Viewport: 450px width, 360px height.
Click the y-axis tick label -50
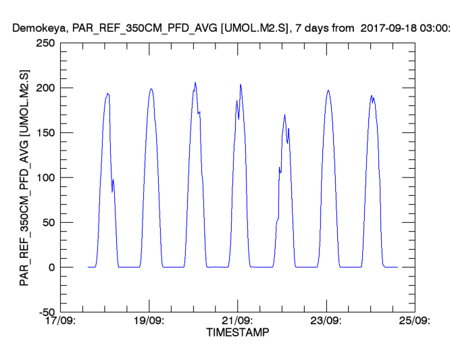(x=46, y=311)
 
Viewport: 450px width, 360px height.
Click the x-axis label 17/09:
(x=61, y=321)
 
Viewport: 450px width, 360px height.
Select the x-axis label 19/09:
(x=149, y=321)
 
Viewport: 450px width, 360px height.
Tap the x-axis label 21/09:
(x=238, y=321)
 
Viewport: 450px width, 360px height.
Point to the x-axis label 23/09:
(x=326, y=321)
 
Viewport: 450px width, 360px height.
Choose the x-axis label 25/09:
(x=414, y=321)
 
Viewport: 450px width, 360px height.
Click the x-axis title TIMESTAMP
(x=237, y=333)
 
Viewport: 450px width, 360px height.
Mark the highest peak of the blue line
(x=195, y=82)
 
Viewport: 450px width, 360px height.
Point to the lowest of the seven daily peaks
(x=285, y=115)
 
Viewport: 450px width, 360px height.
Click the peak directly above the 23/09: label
(x=328, y=90)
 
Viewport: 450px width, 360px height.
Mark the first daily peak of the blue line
(x=107, y=93)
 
